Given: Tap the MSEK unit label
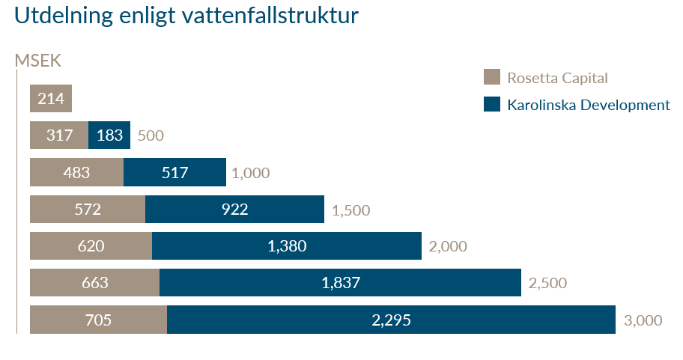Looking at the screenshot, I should point(37,61).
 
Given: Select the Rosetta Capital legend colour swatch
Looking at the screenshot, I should point(491,77).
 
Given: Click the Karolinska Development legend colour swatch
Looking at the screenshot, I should point(491,104).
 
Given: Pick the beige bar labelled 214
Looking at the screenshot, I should point(51,98).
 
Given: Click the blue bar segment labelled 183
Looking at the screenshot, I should point(109,135).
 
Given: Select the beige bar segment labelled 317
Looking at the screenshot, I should point(59,135).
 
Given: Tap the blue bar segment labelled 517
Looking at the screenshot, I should point(174,172).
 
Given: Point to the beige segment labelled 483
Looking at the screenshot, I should point(76,172).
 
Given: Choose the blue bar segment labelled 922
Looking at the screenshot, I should point(234,209).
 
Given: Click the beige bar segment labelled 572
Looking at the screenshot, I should point(88,209).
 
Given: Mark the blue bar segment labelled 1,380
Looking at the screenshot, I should point(287,245).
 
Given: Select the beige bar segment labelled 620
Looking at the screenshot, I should point(91,245).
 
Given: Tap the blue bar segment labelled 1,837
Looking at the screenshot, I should point(340,283).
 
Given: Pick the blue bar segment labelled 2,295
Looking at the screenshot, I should point(391,320).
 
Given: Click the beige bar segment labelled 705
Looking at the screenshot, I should point(98,320).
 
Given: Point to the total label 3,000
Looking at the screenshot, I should point(643,320).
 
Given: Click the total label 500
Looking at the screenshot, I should point(151,136).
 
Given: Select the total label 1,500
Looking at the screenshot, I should point(350,210).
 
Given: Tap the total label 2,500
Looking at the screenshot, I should point(547,284).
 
